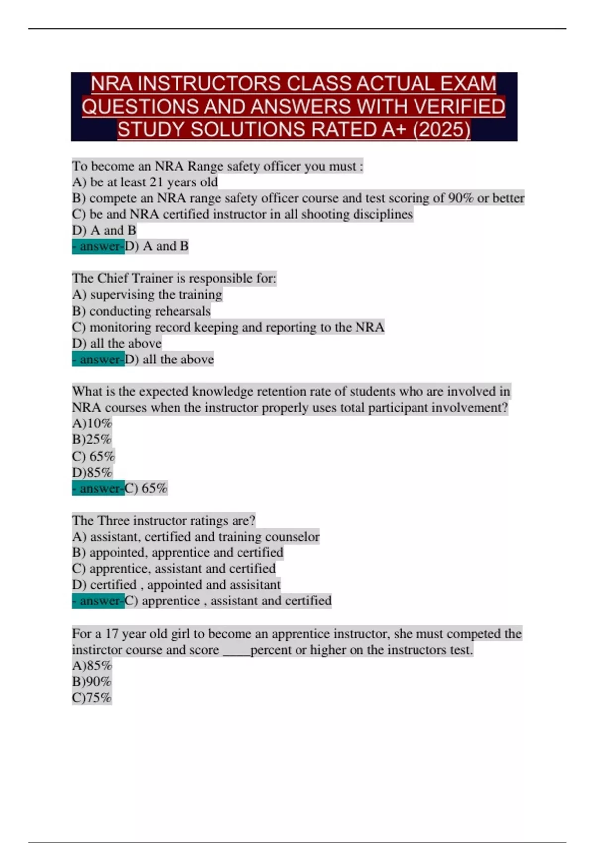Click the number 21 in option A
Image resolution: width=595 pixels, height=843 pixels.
pyautogui.click(x=156, y=182)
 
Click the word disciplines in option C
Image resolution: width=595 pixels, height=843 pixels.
pyautogui.click(x=382, y=214)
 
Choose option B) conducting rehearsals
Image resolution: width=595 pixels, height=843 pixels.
pyautogui.click(x=141, y=311)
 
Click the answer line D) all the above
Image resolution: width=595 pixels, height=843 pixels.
pyautogui.click(x=169, y=359)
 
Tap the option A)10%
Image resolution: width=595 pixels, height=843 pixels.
pyautogui.click(x=92, y=423)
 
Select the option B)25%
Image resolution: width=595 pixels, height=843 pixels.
pyautogui.click(x=92, y=440)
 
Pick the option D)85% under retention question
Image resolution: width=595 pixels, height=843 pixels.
pyautogui.click(x=92, y=472)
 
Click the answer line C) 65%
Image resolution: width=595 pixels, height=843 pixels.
pyautogui.click(x=146, y=488)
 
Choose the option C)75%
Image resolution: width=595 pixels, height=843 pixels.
pyautogui.click(x=92, y=698)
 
